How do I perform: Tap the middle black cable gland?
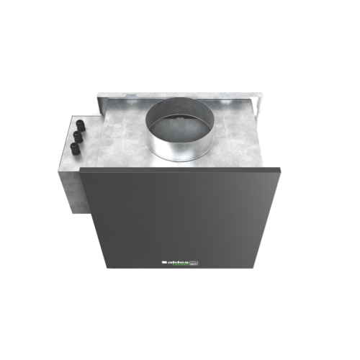click(78, 135)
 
